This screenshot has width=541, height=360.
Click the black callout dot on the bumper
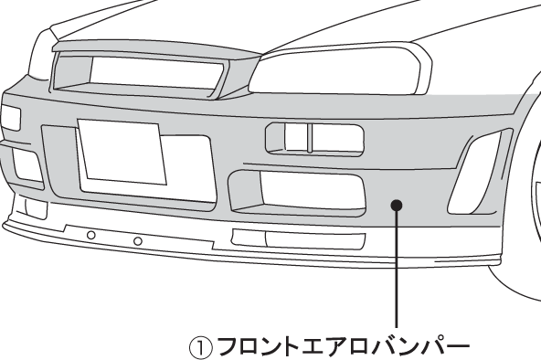[396, 204]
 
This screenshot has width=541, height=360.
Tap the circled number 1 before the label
[200, 348]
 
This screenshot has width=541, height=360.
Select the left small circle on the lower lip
[90, 236]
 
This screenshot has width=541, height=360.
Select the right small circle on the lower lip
[137, 241]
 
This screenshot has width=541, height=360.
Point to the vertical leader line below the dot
[396, 274]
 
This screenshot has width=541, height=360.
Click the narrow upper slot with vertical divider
[313, 138]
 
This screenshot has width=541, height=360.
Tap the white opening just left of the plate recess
[27, 164]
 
